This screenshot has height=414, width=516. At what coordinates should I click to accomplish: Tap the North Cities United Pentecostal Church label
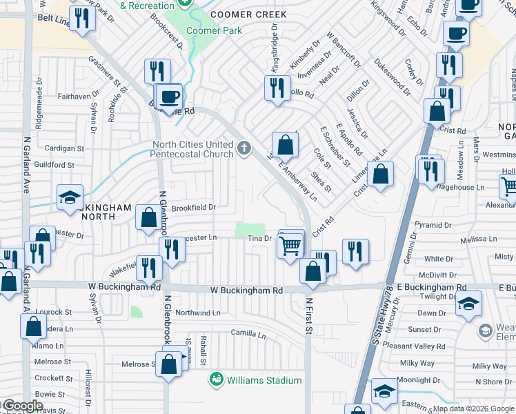pyautogui.click(x=192, y=149)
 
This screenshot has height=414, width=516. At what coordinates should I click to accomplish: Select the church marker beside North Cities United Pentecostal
pyautogui.click(x=244, y=148)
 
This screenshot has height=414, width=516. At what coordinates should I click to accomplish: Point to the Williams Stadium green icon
pyautogui.click(x=217, y=380)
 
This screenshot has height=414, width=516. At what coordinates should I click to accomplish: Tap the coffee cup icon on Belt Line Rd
pyautogui.click(x=169, y=97)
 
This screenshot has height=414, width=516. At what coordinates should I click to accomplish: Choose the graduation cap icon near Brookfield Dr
pyautogui.click(x=70, y=198)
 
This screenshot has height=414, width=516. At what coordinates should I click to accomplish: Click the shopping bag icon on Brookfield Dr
pyautogui.click(x=148, y=217)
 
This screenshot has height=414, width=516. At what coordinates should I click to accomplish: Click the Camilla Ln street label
pyautogui.click(x=248, y=334)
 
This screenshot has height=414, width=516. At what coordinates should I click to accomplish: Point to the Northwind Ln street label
pyautogui.click(x=198, y=313)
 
